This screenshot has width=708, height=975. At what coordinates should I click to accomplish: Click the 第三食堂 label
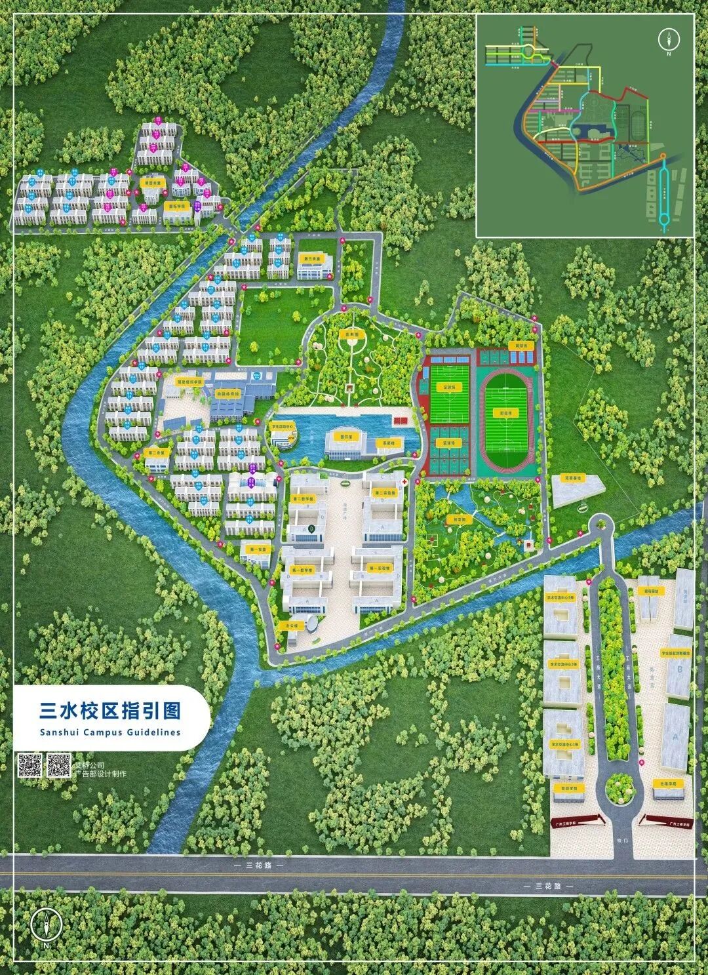point(311,258)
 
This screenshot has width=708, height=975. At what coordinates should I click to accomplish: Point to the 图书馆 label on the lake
point(345,435)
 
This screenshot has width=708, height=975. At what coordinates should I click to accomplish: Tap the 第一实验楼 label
point(378,568)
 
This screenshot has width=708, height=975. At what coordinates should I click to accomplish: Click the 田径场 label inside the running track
point(504,414)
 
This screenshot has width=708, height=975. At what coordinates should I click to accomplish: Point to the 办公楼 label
point(292,625)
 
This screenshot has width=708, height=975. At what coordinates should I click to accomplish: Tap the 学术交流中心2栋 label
point(564,666)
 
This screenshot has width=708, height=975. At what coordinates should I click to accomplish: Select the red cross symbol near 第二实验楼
point(407,482)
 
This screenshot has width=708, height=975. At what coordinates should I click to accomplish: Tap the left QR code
point(29,765)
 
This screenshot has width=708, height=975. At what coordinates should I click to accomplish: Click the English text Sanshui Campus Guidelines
point(109,732)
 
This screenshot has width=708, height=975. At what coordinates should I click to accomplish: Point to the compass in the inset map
point(669,39)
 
